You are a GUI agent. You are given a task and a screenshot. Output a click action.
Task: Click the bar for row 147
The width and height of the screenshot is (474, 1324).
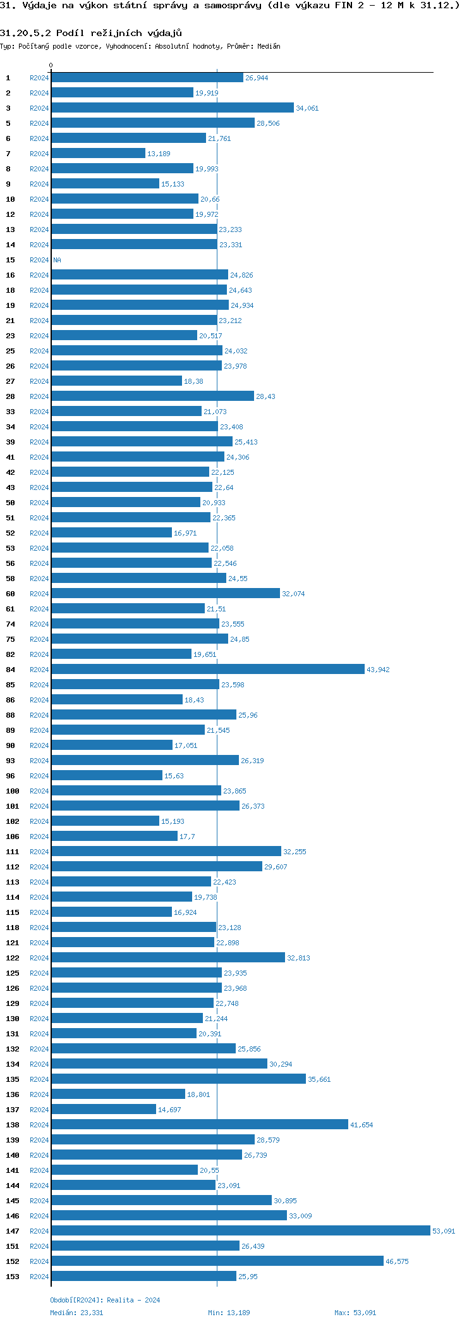coord(240,1230)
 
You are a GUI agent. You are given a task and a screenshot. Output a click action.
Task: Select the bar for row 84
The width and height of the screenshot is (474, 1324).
coord(208,669)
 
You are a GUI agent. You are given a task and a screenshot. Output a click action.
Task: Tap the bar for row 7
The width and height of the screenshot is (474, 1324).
coord(98,153)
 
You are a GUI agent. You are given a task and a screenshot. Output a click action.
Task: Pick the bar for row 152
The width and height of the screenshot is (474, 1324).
coord(217,1261)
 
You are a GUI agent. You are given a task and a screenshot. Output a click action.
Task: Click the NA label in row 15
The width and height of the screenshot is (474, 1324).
coord(57,260)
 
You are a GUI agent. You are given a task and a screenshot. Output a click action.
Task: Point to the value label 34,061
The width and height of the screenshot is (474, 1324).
coord(307,108)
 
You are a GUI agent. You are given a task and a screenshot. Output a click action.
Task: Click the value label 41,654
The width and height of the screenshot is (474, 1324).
coord(361,1125)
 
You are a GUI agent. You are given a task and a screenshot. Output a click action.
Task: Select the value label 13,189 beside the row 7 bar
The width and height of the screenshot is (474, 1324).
coord(159,154)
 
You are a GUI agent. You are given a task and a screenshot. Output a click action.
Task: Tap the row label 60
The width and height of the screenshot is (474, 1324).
coord(11,594)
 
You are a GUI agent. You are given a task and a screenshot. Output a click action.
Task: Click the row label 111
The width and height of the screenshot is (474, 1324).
coord(13,852)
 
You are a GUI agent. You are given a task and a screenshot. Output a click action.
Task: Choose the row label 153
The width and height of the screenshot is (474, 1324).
coord(13,1277)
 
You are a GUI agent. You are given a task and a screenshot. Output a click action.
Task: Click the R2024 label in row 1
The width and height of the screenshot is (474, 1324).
coord(39,78)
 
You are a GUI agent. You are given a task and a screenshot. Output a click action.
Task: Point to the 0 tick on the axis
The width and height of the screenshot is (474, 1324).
coord(51,65)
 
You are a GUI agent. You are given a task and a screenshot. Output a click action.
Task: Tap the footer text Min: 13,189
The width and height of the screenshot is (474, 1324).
coord(229,1313)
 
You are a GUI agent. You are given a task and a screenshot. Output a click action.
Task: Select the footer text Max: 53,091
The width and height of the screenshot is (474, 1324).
coord(355,1313)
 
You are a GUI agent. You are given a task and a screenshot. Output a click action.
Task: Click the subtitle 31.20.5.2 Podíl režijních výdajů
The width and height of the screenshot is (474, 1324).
coord(91,33)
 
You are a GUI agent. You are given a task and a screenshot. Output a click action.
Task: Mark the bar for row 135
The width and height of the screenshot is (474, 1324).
coord(178,1079)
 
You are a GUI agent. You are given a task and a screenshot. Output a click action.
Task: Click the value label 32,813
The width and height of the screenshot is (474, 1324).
coord(298,958)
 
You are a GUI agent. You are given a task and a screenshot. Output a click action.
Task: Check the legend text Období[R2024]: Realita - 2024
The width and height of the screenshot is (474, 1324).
coord(105,1300)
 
